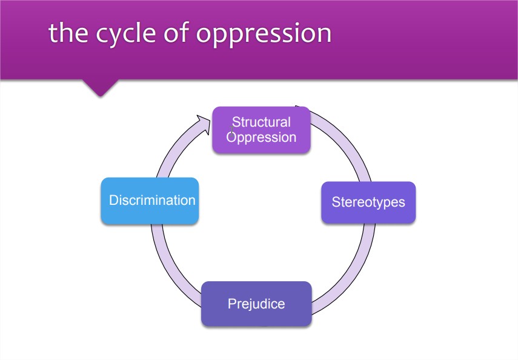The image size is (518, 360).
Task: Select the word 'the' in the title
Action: click(x=67, y=33)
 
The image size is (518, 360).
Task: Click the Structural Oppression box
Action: click(x=261, y=130)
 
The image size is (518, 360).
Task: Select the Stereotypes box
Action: click(x=368, y=202)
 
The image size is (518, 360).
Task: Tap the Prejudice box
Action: click(x=256, y=304)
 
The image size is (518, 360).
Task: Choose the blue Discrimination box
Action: click(x=150, y=201)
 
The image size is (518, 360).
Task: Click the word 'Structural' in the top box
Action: click(x=261, y=122)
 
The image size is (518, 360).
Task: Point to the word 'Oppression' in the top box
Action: click(x=262, y=137)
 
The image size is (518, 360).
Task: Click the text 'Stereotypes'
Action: click(x=368, y=202)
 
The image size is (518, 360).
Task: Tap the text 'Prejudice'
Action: click(x=256, y=304)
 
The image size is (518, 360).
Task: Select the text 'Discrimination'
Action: click(x=152, y=201)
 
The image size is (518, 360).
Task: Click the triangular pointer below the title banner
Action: click(x=100, y=88)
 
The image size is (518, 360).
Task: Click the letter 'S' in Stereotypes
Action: click(x=336, y=202)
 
